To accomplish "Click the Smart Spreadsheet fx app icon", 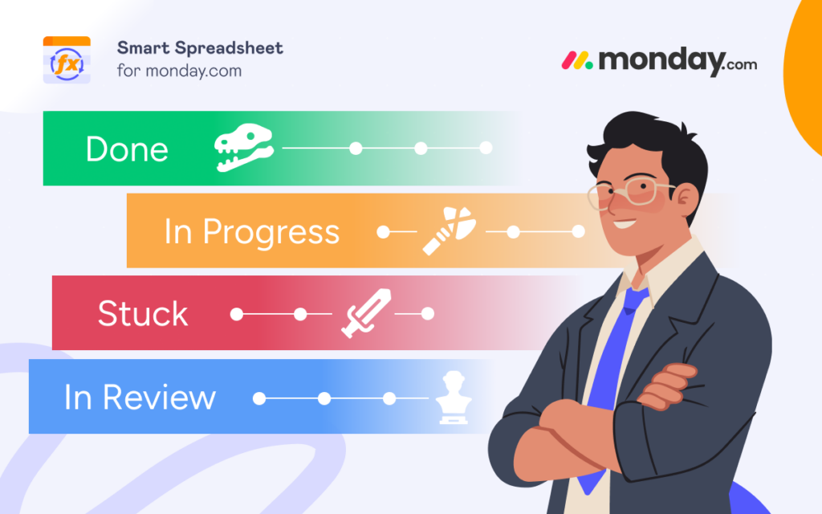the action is pyautogui.click(x=67, y=59).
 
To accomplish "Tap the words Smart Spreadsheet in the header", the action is pyautogui.click(x=200, y=48).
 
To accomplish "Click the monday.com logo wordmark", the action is pyautogui.click(x=659, y=61).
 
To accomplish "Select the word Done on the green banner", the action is pyautogui.click(x=127, y=149).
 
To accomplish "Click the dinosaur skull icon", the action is pyautogui.click(x=244, y=148).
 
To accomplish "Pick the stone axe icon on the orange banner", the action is pyautogui.click(x=450, y=230).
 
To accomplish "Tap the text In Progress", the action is pyautogui.click(x=251, y=232).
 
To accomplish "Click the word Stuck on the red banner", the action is pyautogui.click(x=143, y=314).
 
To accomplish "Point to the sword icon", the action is pyautogui.click(x=366, y=313).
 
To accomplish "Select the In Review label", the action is pyautogui.click(x=140, y=397).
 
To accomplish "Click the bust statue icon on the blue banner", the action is pyautogui.click(x=454, y=397).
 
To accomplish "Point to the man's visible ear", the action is pyautogui.click(x=685, y=202).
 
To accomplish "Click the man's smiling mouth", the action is pyautogui.click(x=625, y=224).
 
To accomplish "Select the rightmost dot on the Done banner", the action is pyautogui.click(x=486, y=148).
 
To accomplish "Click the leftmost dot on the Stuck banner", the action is pyautogui.click(x=237, y=314).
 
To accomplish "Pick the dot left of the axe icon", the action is pyautogui.click(x=383, y=232).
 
